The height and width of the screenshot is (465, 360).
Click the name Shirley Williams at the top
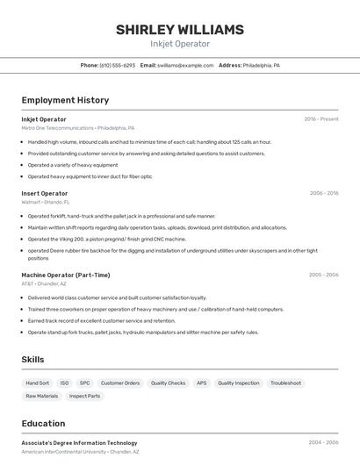click(x=180, y=30)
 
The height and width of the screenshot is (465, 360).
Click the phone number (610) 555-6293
click(x=117, y=66)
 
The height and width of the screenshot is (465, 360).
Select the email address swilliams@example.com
click(x=185, y=66)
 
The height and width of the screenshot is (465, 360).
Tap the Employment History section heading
click(x=65, y=100)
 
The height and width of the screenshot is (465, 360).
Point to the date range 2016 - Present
click(x=321, y=119)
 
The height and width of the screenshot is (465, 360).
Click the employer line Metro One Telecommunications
click(x=78, y=128)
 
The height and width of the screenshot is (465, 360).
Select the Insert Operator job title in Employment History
click(x=45, y=193)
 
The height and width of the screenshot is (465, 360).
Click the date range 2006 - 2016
click(x=324, y=193)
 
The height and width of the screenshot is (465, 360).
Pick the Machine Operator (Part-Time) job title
click(x=66, y=275)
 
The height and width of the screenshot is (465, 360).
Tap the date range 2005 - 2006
click(x=323, y=275)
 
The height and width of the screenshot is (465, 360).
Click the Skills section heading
click(x=33, y=360)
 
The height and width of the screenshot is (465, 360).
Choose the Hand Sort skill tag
click(x=38, y=383)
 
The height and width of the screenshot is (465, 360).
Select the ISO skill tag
click(x=64, y=383)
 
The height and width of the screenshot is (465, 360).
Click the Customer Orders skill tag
click(x=120, y=383)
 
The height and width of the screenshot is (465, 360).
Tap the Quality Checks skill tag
click(x=168, y=383)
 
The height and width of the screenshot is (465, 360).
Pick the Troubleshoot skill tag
click(x=286, y=383)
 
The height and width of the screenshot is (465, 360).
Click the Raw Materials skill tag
click(x=42, y=397)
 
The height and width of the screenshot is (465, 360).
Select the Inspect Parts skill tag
click(x=85, y=397)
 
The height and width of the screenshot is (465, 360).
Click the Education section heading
click(x=43, y=424)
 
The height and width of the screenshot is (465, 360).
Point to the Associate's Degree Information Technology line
click(x=80, y=443)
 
